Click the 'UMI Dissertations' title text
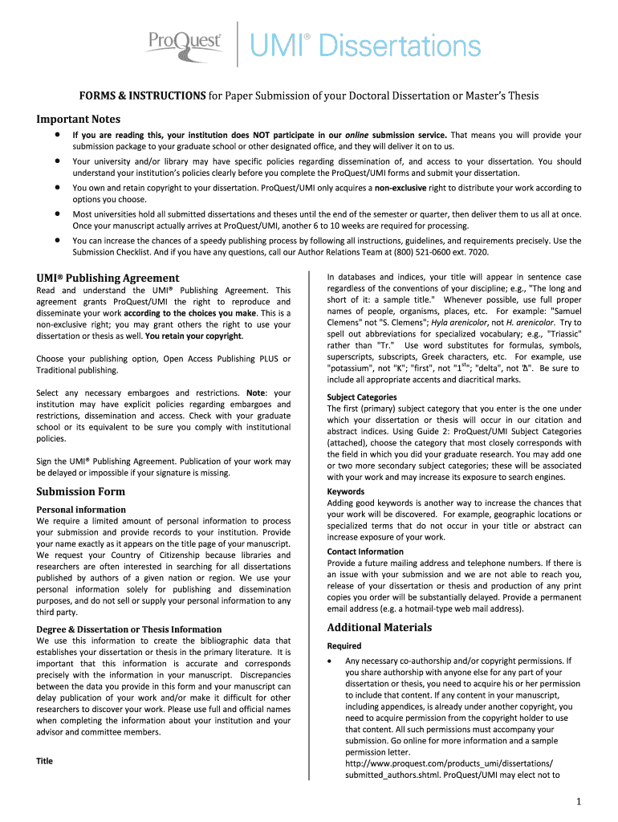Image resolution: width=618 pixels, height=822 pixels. [368, 46]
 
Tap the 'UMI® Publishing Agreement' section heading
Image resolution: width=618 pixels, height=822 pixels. [102, 278]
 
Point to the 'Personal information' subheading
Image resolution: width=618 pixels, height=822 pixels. [81, 510]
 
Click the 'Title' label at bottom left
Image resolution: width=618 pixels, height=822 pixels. [45, 761]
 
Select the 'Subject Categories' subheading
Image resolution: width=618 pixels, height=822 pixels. [362, 397]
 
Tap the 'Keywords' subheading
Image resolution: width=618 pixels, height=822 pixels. [346, 491]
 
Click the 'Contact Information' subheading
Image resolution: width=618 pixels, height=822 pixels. [365, 551]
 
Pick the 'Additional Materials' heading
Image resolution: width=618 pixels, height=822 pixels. [380, 627]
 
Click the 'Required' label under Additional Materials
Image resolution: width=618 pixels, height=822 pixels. [344, 646]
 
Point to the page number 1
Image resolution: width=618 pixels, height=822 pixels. [577, 802]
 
